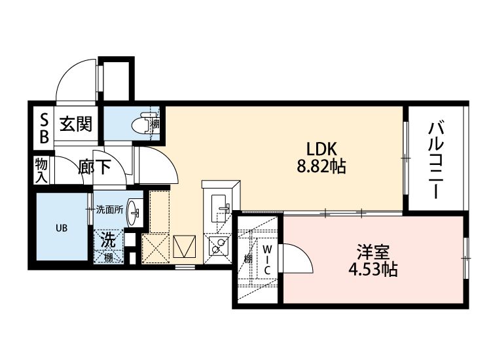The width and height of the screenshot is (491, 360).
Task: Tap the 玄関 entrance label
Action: (76, 124)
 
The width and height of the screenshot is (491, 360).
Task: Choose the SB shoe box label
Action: (44, 128)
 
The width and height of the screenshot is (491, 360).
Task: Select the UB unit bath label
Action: (60, 228)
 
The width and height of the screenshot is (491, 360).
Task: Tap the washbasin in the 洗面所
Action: (134, 210)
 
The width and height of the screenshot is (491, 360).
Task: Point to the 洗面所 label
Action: (109, 210)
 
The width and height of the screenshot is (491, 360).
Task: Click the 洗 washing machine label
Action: (109, 240)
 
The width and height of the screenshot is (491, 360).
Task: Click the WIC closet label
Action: (268, 259)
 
